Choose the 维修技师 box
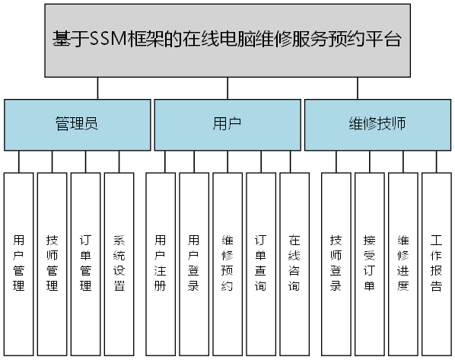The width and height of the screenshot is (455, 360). (377, 124)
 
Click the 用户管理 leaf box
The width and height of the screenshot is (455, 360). (19, 263)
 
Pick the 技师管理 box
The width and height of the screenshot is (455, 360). (52, 263)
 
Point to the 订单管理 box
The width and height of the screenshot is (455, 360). (86, 263)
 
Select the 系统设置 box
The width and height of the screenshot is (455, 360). (119, 263)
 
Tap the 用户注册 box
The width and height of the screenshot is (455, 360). (160, 263)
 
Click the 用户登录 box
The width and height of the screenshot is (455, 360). (194, 263)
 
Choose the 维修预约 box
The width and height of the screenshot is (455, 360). (228, 263)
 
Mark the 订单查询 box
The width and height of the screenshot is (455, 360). (261, 263)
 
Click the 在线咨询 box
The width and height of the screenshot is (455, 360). (294, 263)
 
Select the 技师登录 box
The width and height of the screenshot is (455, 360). (336, 263)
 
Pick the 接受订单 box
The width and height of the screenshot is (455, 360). (369, 263)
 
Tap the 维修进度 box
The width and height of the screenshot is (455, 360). (402, 263)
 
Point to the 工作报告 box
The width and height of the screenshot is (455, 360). (436, 263)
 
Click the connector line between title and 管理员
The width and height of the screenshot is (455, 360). (97, 88)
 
